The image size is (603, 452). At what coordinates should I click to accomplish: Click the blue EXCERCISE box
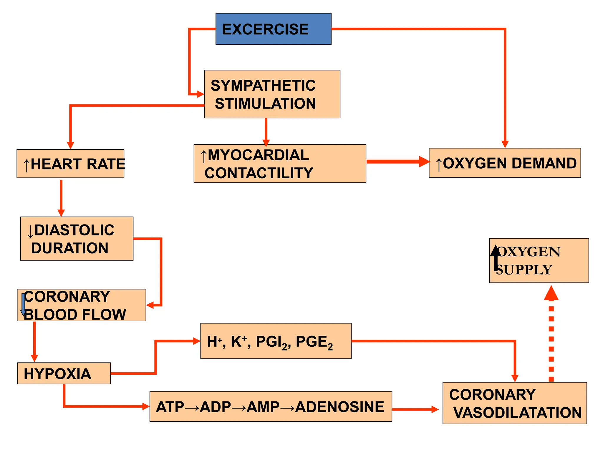tap(273, 29)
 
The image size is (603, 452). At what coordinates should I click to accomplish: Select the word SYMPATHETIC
tap(263, 86)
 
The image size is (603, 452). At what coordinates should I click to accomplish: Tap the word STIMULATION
tap(265, 104)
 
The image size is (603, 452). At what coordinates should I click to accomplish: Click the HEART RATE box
tap(70, 164)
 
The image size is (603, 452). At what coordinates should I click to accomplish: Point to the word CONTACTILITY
tap(259, 173)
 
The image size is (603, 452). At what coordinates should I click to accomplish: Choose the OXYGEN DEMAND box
tap(505, 163)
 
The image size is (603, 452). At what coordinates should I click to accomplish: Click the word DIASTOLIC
tap(74, 230)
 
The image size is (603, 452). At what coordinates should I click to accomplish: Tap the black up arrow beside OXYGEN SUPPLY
tap(496, 257)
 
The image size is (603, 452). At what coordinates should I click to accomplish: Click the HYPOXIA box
tap(64, 373)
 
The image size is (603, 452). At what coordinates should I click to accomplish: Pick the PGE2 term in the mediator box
tap(314, 342)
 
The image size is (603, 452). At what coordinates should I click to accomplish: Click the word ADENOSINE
tap(339, 407)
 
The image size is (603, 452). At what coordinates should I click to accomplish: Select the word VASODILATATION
tap(517, 413)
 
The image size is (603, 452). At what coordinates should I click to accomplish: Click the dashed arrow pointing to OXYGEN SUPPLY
tap(551, 335)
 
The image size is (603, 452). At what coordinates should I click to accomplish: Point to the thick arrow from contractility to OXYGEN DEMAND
tap(397, 162)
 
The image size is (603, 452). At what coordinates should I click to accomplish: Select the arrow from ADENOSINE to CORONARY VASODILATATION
tap(415, 409)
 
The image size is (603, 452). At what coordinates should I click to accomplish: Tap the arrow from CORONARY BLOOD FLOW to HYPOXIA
tap(34, 341)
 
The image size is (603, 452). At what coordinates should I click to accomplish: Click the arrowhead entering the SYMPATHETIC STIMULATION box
tap(200, 94)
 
